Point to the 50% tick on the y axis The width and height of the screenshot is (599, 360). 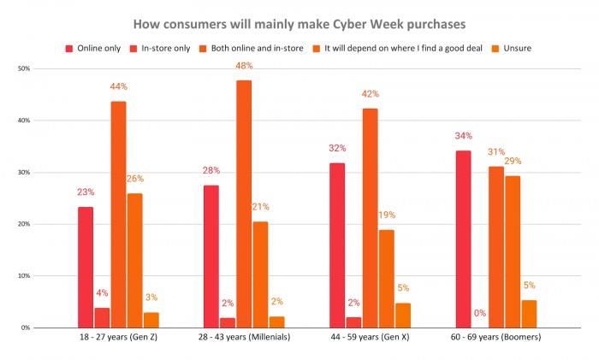click(24, 68)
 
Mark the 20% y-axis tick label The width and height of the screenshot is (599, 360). click(24, 224)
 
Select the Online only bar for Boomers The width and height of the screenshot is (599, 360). click(464, 239)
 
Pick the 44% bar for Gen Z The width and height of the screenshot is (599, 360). click(118, 214)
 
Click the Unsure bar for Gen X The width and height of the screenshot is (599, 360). click(403, 315)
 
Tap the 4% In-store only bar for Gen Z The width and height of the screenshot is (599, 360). click(102, 317)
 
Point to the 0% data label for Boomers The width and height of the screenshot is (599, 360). click(480, 313)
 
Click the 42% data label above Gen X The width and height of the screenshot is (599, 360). click(371, 94)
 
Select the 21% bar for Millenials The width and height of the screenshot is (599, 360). click(260, 274)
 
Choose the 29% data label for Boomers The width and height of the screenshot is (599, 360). click(513, 161)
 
